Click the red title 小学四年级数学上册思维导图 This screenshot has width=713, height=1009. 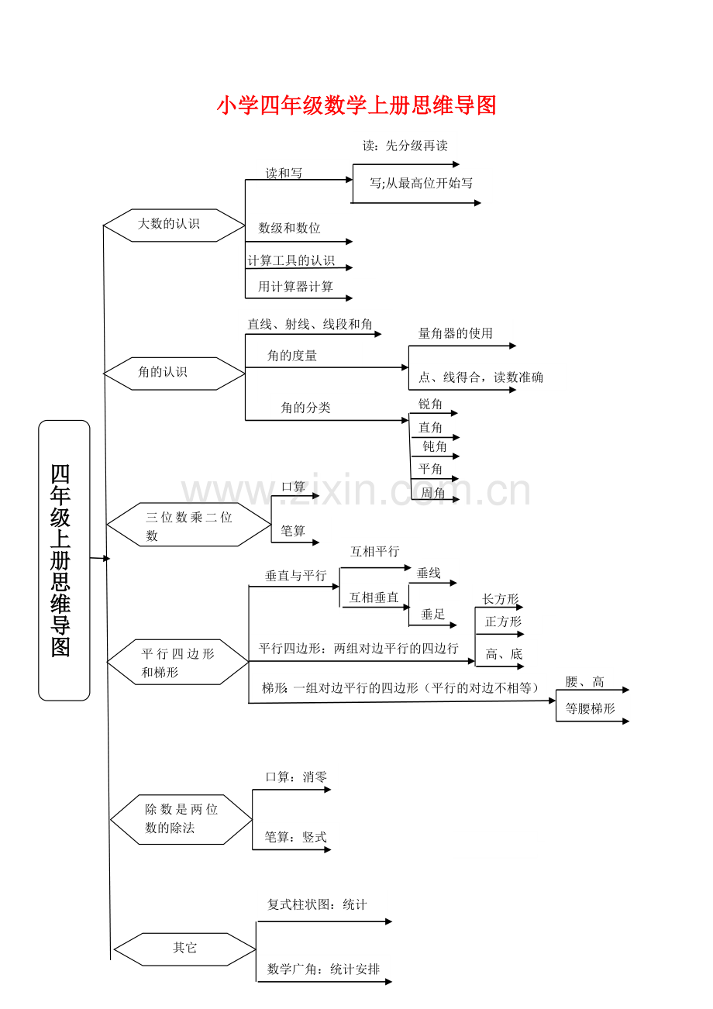point(356,105)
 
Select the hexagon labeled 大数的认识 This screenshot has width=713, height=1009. point(174,225)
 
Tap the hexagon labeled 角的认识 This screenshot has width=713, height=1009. point(174,373)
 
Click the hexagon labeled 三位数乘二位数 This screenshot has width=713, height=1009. point(188,525)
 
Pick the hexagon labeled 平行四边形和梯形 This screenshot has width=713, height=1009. point(177,662)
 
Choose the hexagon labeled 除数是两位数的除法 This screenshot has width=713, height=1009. point(181,819)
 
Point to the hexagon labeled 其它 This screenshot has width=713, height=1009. point(184,949)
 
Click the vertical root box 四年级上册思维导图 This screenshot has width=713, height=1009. point(64,560)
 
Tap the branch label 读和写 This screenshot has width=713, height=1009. point(284,174)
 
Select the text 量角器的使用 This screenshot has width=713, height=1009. point(456,334)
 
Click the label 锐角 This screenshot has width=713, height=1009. point(431,405)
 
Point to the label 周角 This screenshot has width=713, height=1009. point(432,494)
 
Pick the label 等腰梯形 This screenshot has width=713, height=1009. point(590,709)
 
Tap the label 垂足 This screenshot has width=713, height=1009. point(432,615)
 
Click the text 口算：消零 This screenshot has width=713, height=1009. point(296,777)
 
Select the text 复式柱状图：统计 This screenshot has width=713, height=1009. point(317,905)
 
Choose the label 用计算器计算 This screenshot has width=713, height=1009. point(295,287)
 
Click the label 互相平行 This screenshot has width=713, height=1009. point(374,552)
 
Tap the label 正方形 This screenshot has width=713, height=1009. point(503,622)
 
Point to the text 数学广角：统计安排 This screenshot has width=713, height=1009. point(323,969)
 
